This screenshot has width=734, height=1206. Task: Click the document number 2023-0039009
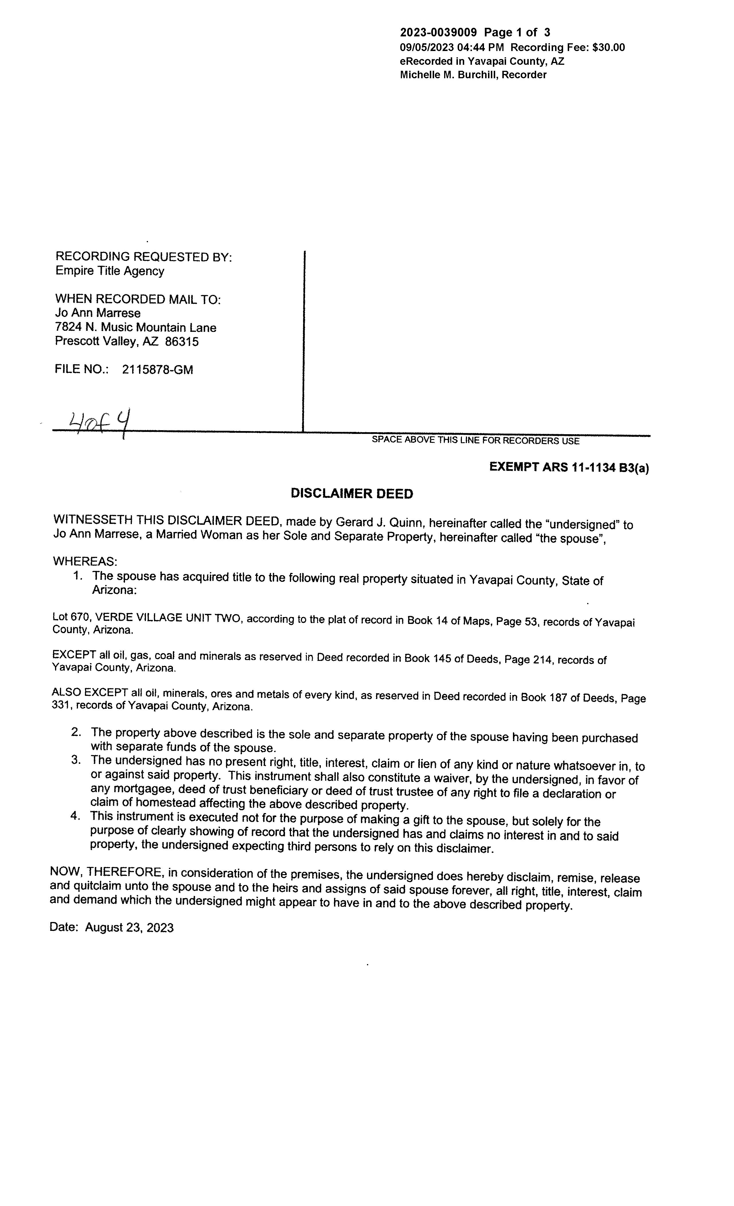[x=438, y=33]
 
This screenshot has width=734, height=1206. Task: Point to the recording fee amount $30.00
[x=608, y=48]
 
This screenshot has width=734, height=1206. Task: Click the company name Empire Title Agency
[x=110, y=271]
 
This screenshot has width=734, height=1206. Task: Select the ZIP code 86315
[x=182, y=342]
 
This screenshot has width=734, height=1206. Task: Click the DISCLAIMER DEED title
[x=352, y=493]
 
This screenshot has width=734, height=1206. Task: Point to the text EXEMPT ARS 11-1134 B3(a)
[x=569, y=467]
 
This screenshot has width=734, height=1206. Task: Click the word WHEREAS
[x=85, y=561]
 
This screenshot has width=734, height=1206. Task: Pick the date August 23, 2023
[x=129, y=927]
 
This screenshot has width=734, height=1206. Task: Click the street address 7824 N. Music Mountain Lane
[x=136, y=328]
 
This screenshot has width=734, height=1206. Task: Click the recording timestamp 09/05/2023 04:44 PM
[x=452, y=48]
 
